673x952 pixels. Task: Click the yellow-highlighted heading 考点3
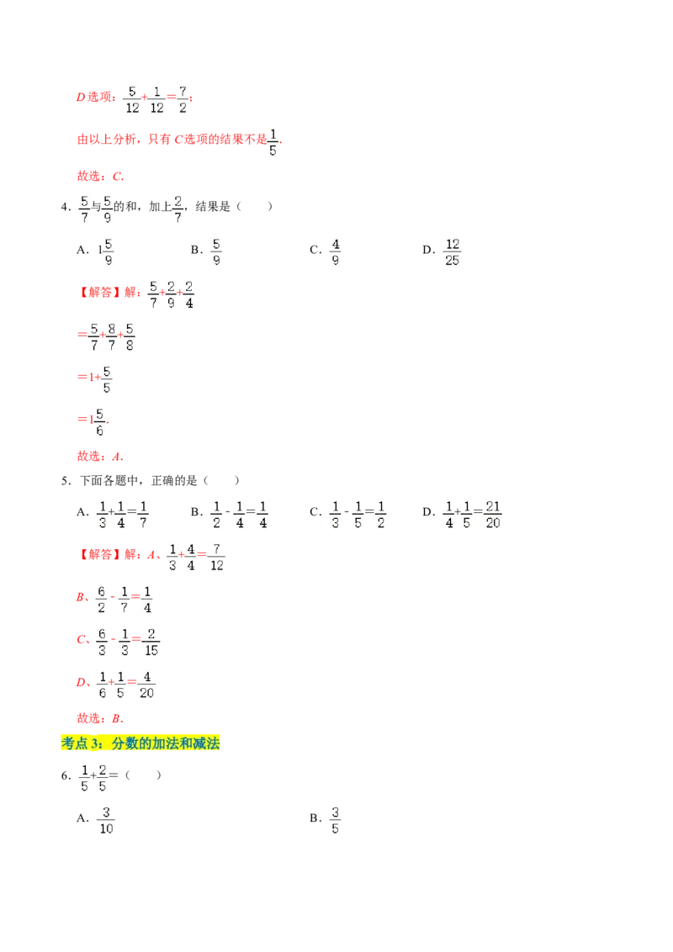point(140,743)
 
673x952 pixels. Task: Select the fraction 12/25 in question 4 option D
point(452,252)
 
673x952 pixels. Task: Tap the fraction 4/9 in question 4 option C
point(336,252)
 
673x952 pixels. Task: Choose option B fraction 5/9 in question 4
point(216,252)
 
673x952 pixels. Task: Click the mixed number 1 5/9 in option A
point(106,252)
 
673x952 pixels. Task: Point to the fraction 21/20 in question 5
point(493,514)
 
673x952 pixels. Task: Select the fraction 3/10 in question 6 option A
point(106,820)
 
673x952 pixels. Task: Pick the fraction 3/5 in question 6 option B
point(335,820)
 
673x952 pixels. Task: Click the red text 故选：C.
point(100,176)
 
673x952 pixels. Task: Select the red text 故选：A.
point(100,456)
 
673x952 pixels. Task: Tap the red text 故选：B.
point(100,718)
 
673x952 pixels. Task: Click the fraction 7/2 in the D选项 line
point(183,99)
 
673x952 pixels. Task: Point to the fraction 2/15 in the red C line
point(151,642)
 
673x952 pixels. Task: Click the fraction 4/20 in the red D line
point(146,685)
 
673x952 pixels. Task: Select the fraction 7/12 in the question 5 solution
point(217,557)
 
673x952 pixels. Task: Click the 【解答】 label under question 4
point(97,292)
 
